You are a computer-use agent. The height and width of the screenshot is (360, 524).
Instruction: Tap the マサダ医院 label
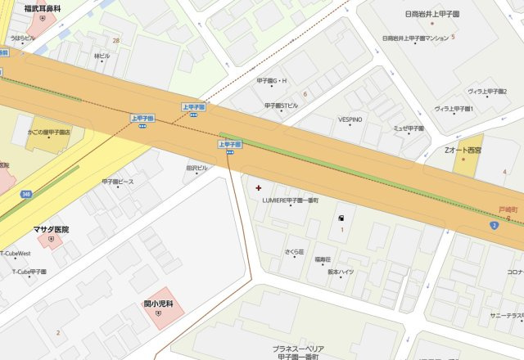tap(51, 229)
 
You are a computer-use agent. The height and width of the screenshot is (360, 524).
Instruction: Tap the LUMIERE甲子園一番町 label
tap(289, 200)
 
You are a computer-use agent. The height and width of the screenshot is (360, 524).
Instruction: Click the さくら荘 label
tap(294, 251)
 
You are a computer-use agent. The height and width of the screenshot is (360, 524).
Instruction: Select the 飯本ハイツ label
tap(340, 271)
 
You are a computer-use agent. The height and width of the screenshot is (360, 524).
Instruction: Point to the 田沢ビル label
tap(196, 168)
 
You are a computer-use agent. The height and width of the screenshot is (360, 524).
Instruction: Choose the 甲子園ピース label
tap(117, 181)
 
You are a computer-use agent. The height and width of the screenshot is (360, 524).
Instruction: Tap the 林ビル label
tap(102, 56)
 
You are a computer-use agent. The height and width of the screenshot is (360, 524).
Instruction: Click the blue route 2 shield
tap(494, 224)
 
